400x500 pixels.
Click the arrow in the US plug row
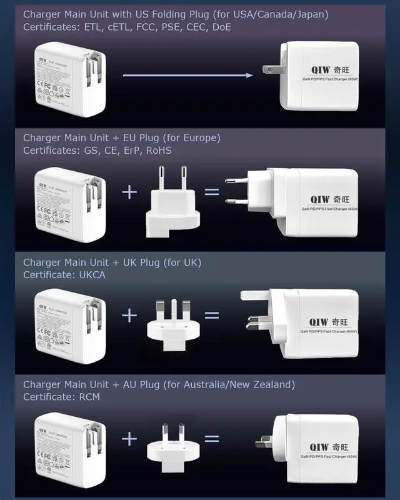[x=187, y=75]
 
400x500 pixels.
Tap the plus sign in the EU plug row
[x=129, y=191]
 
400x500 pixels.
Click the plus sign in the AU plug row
[x=129, y=439]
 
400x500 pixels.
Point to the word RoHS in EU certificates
[x=159, y=151]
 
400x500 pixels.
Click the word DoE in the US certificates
[x=226, y=27]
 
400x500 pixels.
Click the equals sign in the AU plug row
[x=212, y=439]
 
